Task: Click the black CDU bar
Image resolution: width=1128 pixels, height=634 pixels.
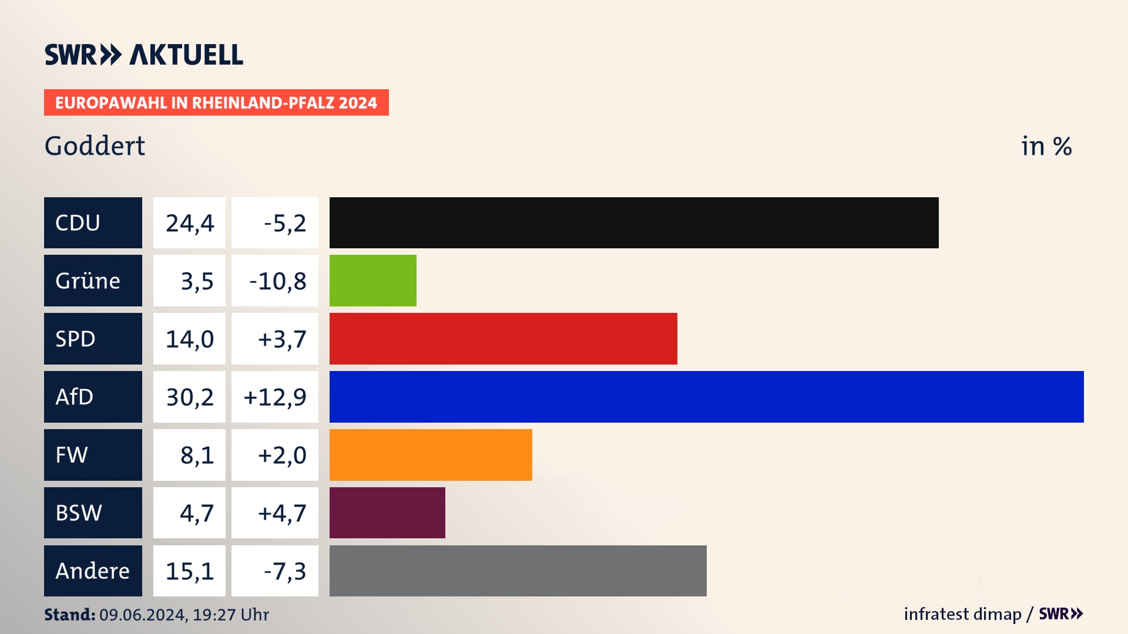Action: (x=633, y=222)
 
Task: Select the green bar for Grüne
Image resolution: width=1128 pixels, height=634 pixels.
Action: (x=372, y=281)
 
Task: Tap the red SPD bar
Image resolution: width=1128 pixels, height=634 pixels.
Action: (x=503, y=339)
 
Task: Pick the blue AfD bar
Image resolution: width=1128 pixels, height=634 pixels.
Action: (x=706, y=397)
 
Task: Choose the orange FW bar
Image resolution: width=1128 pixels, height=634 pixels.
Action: (x=431, y=455)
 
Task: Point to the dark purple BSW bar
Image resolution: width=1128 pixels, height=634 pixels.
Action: (x=387, y=512)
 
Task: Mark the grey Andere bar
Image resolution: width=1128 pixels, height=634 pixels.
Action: (x=518, y=571)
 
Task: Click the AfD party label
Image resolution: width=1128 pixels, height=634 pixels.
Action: (x=75, y=397)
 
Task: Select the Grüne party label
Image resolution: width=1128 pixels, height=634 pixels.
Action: (x=88, y=281)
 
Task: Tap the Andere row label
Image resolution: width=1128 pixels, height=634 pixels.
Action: (x=92, y=571)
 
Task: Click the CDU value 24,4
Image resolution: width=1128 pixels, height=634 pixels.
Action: (x=190, y=223)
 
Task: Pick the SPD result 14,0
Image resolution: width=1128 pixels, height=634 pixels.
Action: (x=190, y=339)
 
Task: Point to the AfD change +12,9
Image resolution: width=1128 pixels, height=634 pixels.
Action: (x=275, y=397)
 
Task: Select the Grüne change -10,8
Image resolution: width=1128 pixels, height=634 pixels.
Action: (x=277, y=281)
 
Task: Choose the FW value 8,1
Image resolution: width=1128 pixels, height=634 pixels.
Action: (x=197, y=455)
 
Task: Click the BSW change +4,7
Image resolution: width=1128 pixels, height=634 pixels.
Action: (x=282, y=513)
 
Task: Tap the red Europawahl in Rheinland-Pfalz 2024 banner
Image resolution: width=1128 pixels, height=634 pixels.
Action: (x=216, y=103)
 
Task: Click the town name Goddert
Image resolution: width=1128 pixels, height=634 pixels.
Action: (x=95, y=146)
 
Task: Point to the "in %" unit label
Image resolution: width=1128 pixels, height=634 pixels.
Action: (x=1046, y=146)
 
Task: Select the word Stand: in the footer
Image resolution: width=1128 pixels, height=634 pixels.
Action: (x=69, y=615)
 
